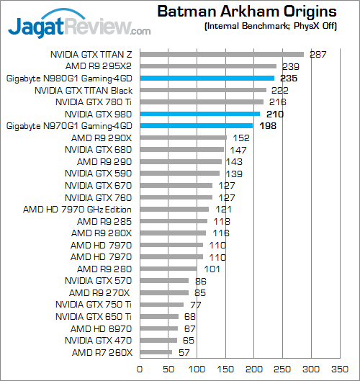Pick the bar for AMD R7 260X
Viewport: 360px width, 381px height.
(x=156, y=352)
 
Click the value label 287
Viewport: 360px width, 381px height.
(x=318, y=54)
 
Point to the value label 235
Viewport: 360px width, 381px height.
(x=286, y=78)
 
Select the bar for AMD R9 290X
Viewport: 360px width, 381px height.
(x=183, y=138)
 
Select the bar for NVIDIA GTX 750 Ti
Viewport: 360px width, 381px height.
(x=162, y=305)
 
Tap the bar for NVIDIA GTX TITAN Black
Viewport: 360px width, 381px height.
(x=203, y=90)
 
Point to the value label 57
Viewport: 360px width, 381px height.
(x=183, y=352)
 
